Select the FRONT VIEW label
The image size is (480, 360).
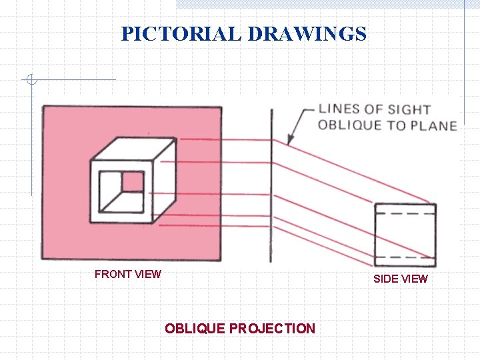(x=128, y=274)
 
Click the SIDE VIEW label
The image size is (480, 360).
(x=400, y=279)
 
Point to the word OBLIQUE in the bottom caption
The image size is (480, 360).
(x=195, y=329)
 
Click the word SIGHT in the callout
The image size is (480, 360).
(x=409, y=109)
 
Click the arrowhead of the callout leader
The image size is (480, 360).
(x=289, y=141)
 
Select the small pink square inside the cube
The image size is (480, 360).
(x=133, y=181)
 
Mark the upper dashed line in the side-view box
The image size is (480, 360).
(x=405, y=214)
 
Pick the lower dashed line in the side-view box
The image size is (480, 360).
(x=405, y=257)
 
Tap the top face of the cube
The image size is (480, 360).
(x=133, y=149)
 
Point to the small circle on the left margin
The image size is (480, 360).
(x=31, y=80)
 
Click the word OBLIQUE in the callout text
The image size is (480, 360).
(x=348, y=125)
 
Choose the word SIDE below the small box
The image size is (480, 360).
(x=385, y=279)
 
